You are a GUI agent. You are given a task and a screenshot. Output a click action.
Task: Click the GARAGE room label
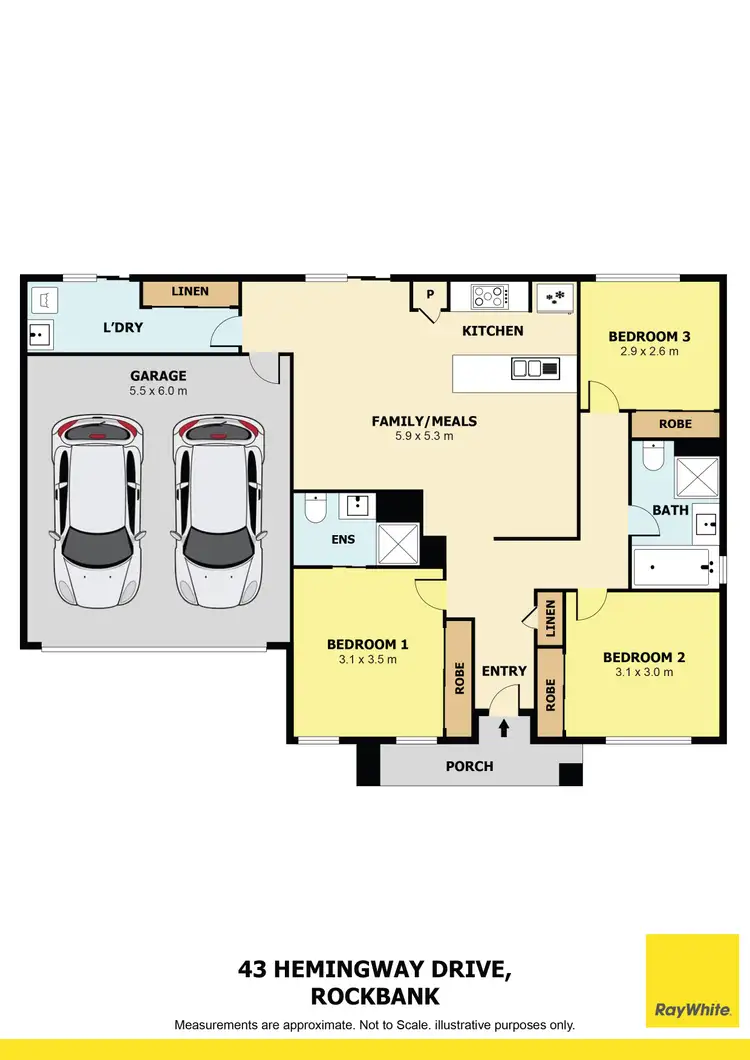(x=158, y=376)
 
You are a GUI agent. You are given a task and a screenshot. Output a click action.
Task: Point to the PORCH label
(x=469, y=767)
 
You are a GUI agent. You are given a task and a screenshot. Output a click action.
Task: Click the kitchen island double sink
(x=536, y=369)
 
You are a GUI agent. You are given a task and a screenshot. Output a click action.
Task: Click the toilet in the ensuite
(x=313, y=509)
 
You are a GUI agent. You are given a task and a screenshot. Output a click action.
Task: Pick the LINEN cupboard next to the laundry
(x=190, y=292)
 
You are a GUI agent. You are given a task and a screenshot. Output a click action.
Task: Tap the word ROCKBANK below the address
(x=375, y=996)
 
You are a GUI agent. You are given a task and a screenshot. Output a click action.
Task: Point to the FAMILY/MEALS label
(x=424, y=421)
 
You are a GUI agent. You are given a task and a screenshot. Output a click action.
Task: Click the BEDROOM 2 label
(x=644, y=657)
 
